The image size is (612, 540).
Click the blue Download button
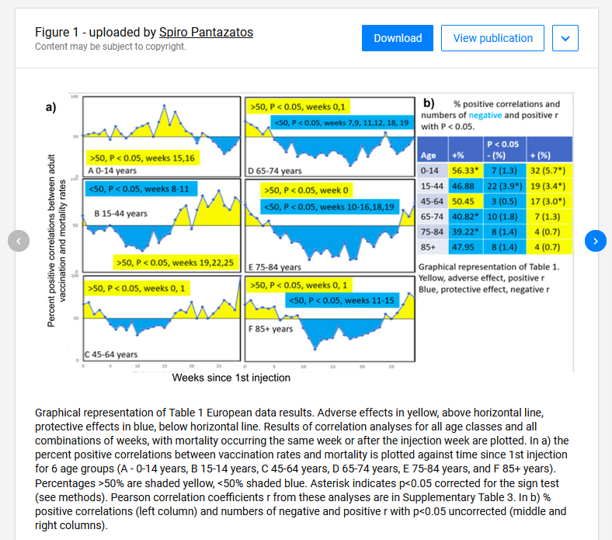[398, 38]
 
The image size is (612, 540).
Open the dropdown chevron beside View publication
[565, 38]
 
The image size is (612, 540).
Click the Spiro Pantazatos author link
[206, 32]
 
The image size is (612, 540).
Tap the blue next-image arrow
[595, 241]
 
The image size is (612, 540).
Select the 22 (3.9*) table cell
[502, 186]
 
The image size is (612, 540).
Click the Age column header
[429, 155]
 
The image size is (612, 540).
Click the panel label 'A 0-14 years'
[113, 170]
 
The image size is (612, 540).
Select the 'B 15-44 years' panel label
[120, 213]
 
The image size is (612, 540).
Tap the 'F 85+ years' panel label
[271, 329]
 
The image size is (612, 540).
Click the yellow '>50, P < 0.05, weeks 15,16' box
[142, 158]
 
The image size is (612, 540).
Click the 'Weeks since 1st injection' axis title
[231, 378]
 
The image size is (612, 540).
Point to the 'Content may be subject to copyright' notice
[110, 47]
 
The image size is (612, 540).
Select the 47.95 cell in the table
[464, 247]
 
